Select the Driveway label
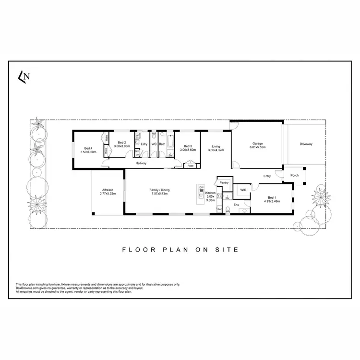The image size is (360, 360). point(306,144)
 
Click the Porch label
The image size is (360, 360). point(295,175)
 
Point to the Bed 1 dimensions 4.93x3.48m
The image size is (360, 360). point(272,202)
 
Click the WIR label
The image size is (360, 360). point(243,190)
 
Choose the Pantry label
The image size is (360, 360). point(223,183)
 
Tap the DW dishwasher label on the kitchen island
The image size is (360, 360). point(201,187)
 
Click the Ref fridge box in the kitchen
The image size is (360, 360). point(219,209)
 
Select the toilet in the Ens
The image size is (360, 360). point(245,210)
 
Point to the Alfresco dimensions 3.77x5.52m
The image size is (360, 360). point(108,194)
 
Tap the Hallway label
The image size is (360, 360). point(141,163)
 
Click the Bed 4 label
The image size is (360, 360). point(88,148)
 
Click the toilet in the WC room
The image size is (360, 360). point(154,135)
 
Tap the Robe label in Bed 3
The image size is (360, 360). point(190,166)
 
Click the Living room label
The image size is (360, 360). point(216,146)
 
